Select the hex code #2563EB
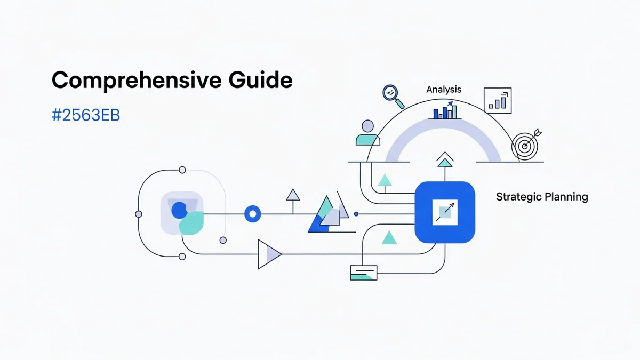coord(85,116)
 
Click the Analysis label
coord(444,90)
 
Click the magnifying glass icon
coord(393,95)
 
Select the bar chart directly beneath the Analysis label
coord(445,111)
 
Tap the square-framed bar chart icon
coord(497,100)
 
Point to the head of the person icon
coord(367,126)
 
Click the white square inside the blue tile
coord(444,212)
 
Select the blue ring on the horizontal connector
coord(252,214)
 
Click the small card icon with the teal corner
coord(363,273)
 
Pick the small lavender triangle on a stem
coord(293,195)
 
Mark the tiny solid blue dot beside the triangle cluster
coord(356,214)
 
